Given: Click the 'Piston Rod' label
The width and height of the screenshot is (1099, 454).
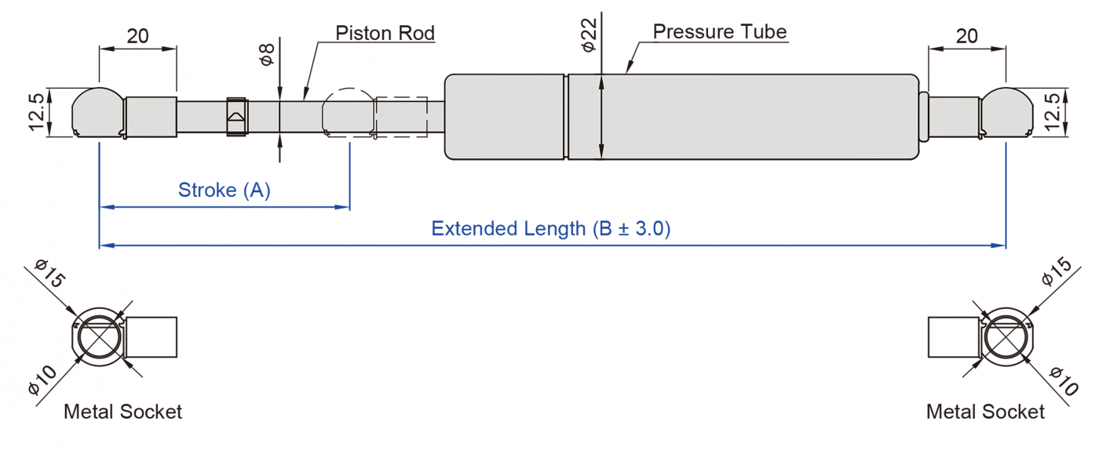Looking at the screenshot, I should [385, 33].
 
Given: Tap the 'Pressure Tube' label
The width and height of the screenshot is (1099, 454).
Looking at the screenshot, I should [719, 31].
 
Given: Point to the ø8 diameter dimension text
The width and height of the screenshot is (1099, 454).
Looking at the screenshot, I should [267, 55].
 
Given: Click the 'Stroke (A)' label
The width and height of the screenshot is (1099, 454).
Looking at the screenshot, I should [224, 190].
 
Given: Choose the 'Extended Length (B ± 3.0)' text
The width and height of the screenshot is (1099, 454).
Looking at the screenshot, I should [550, 228].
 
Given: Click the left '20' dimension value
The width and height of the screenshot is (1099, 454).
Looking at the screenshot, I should [137, 35].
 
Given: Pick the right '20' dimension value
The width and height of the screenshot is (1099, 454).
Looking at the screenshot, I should [967, 35].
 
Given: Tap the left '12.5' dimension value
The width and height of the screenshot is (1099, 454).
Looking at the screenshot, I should [37, 112].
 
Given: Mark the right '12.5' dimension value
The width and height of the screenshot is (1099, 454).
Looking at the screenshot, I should [1053, 112].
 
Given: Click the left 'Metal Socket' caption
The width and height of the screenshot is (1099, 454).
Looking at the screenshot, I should [122, 412].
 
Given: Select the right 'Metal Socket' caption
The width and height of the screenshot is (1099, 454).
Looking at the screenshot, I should [985, 412].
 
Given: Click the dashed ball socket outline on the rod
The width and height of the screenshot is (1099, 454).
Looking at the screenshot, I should [349, 113].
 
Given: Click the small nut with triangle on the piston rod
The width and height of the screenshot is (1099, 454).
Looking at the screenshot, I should [236, 116].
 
